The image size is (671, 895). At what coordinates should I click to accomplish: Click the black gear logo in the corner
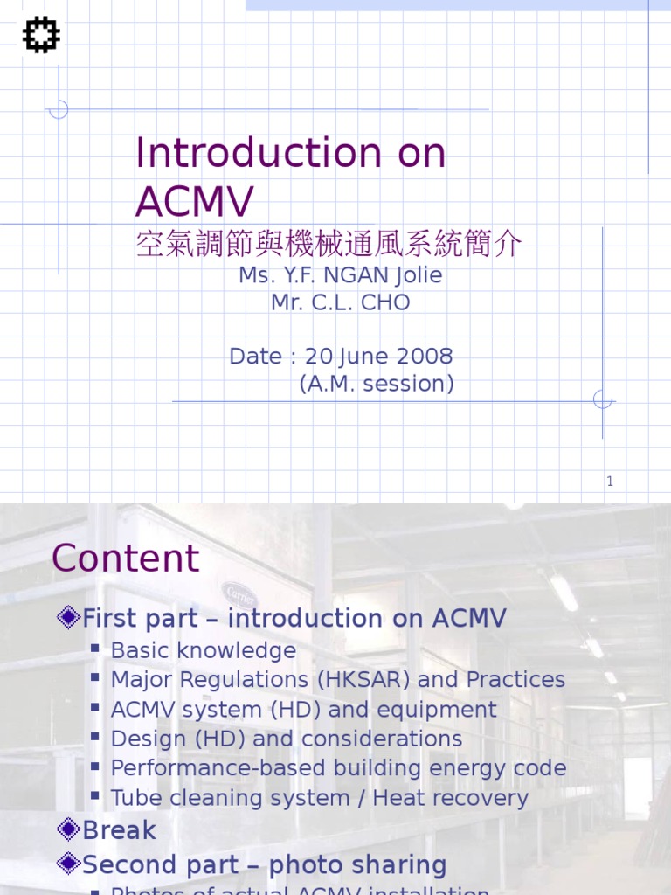tap(41, 36)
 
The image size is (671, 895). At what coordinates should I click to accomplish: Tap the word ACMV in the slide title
tap(194, 202)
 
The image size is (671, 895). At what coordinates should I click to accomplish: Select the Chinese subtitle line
tap(329, 244)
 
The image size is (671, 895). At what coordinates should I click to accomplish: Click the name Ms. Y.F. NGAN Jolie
tap(340, 275)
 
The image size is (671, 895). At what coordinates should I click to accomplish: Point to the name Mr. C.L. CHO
tap(340, 303)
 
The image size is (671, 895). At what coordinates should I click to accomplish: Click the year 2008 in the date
tap(423, 357)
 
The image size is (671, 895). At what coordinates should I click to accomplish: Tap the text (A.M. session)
tap(377, 384)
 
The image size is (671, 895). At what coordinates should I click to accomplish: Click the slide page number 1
tap(610, 481)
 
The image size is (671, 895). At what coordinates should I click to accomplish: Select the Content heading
tap(126, 559)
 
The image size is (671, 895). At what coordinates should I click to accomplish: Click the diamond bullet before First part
tap(67, 618)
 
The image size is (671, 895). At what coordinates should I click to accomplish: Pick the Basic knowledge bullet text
tap(204, 651)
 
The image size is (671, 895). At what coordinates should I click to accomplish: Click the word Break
tap(119, 830)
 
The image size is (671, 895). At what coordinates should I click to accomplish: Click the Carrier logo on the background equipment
tap(239, 593)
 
